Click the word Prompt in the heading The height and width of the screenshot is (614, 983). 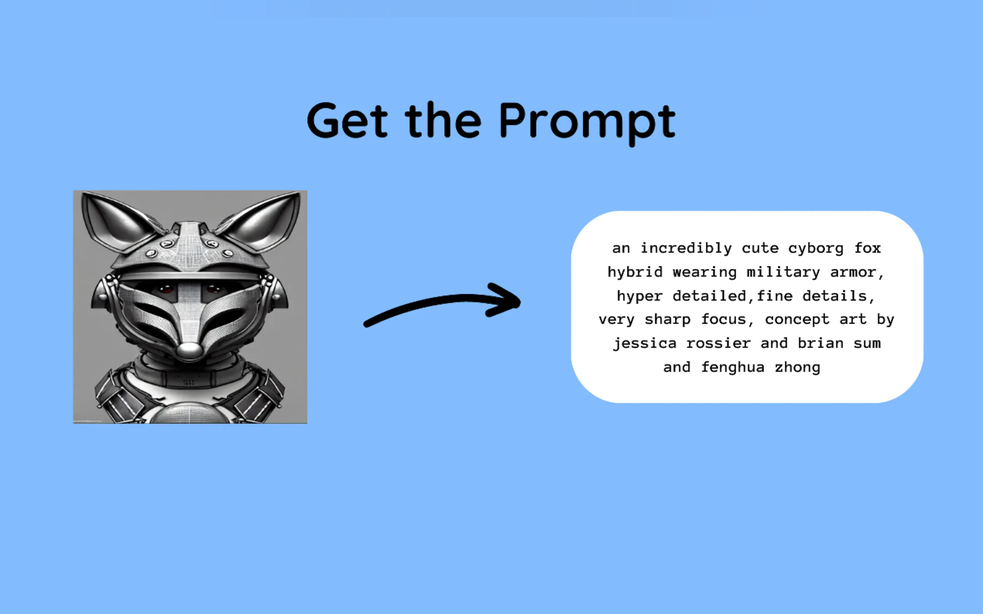587,123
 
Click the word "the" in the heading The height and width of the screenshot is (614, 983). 443,120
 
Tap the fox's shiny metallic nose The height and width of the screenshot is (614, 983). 189,350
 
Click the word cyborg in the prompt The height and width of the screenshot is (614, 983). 816,249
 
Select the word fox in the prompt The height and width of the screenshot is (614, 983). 867,248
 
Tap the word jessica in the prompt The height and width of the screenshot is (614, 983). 645,344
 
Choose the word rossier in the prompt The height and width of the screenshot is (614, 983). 718,344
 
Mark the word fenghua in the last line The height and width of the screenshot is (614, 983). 733,367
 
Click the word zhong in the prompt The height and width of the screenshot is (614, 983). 798,367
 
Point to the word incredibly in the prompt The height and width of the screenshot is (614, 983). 686,248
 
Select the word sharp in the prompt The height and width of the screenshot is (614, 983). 668,320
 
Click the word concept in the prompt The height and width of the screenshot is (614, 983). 797,320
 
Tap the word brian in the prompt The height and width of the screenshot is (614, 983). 820,344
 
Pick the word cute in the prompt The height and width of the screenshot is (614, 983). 760,249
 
